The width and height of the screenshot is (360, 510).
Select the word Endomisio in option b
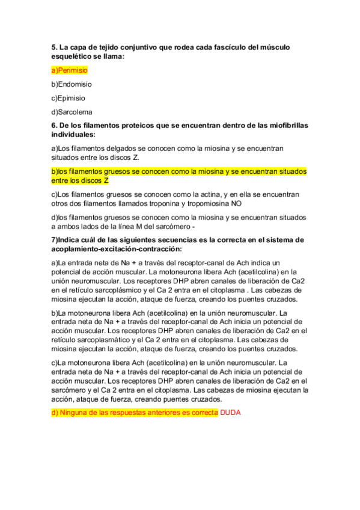(x=75, y=84)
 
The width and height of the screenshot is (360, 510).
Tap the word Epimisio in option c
(x=72, y=98)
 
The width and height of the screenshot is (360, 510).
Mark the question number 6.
(x=54, y=125)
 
